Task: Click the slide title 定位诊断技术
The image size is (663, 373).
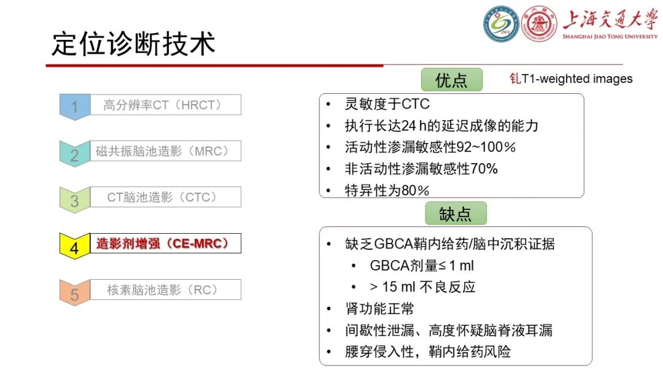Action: click(134, 44)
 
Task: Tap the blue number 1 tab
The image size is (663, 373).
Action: click(74, 107)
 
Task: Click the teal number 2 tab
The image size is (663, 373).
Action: click(74, 154)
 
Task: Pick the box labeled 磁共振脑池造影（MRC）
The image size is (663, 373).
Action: click(165, 151)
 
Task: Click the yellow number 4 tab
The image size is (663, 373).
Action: click(74, 247)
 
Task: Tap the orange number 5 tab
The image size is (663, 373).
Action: click(74, 294)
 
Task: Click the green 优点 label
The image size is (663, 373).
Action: click(451, 80)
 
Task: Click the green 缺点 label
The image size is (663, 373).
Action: click(456, 213)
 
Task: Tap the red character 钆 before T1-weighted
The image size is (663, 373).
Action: click(515, 79)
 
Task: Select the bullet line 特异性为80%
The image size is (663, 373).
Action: click(387, 190)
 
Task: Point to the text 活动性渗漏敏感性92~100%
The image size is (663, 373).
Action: click(430, 147)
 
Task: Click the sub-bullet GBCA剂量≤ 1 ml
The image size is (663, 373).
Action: click(422, 266)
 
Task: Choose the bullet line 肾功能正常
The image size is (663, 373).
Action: click(379, 309)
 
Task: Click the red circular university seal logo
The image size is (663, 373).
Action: click(539, 25)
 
